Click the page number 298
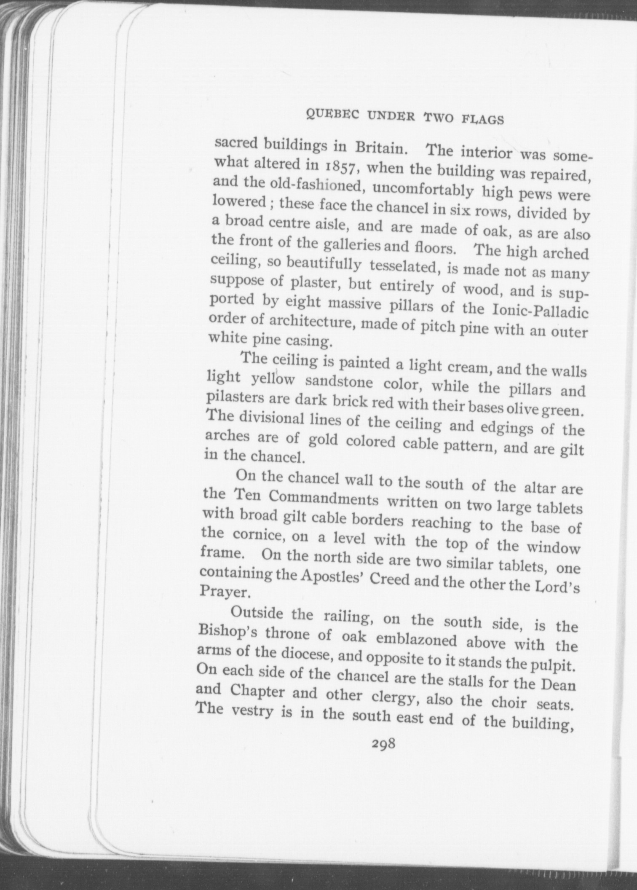click(x=383, y=743)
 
